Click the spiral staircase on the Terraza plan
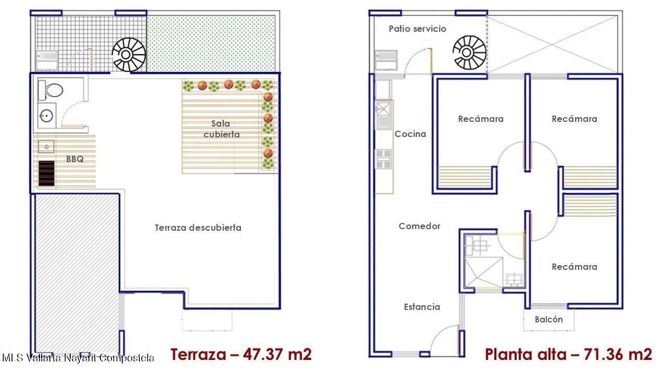129,55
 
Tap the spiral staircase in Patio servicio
469,53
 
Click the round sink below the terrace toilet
47,116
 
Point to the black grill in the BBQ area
46,173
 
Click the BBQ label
75,159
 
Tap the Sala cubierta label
221,129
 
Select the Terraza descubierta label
198,228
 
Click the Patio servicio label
417,29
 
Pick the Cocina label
411,134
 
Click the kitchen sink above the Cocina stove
383,115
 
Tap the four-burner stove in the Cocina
383,159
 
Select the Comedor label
419,226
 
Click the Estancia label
422,307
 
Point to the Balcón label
549,319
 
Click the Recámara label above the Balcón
574,267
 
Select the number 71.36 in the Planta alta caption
604,354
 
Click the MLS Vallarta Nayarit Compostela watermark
78,358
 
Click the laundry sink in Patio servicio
386,60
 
